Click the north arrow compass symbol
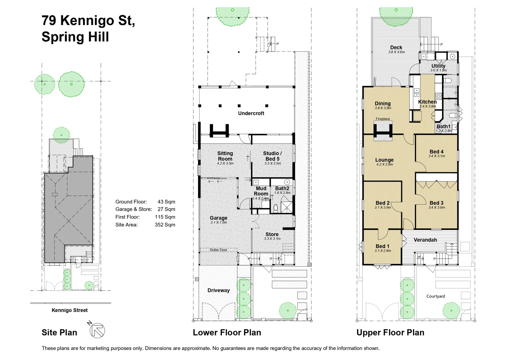[x=97, y=330]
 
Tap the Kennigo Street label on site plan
[x=70, y=310]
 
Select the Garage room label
[x=218, y=218]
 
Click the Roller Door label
[x=218, y=250]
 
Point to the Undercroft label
[x=251, y=113]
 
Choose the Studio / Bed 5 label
[x=272, y=156]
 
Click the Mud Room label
[x=261, y=191]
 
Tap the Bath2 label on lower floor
[x=282, y=188]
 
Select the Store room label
[x=272, y=234]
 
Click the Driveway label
[x=218, y=290]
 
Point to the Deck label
[x=396, y=48]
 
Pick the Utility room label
[x=438, y=66]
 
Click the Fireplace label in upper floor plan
[x=383, y=119]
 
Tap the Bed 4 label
[x=436, y=152]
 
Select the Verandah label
[x=425, y=240]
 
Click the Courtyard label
[x=435, y=296]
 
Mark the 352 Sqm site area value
[x=165, y=225]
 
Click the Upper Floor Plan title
[x=390, y=332]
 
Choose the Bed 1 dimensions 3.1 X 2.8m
[x=383, y=251]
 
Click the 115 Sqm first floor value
[x=165, y=217]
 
